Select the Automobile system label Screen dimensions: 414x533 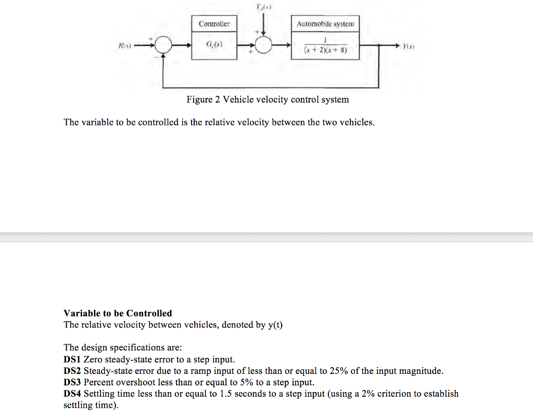325,24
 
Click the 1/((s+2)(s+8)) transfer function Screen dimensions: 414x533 325,47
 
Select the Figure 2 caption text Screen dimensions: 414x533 268,99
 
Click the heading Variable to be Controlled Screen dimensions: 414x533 118,313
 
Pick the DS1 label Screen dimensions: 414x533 72,360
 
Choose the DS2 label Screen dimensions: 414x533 72,371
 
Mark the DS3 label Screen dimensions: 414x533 72,382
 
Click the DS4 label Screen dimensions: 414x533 72,394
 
